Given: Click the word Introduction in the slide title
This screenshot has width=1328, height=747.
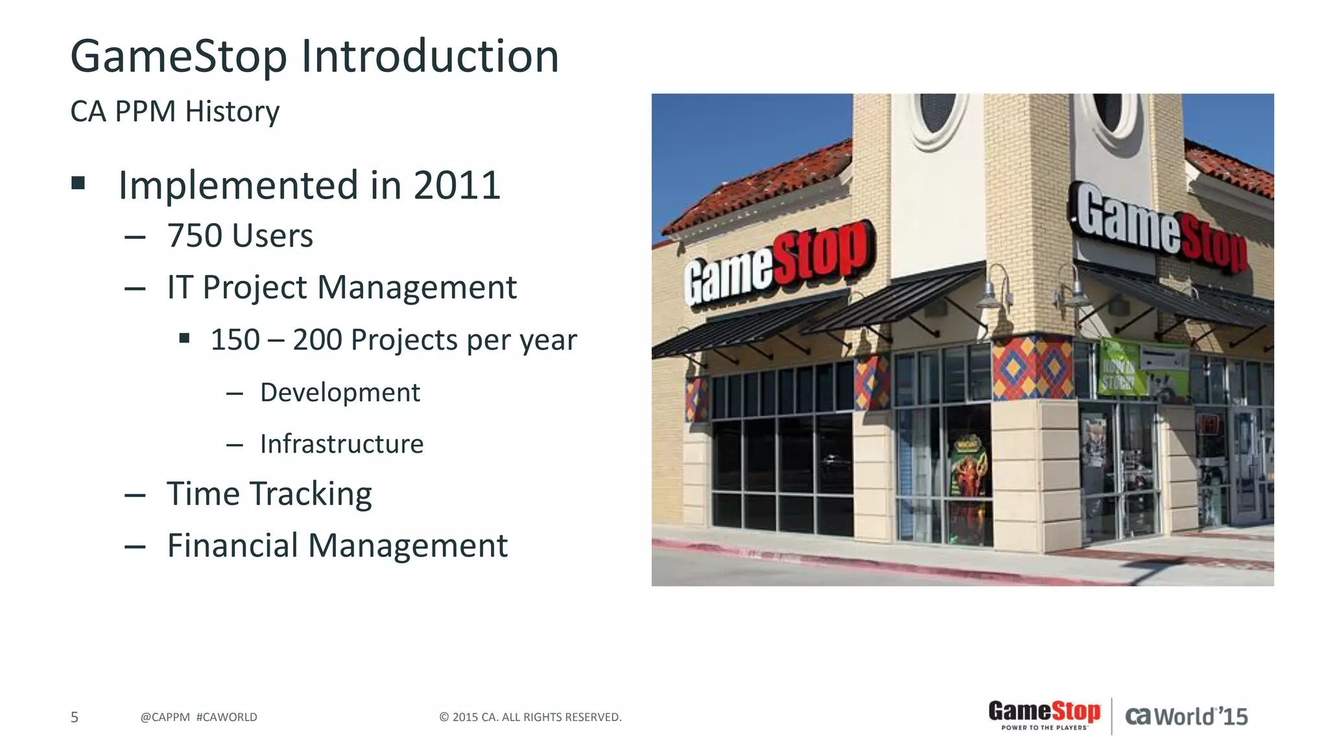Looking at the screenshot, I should click(429, 56).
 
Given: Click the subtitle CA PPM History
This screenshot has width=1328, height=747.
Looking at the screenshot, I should click(174, 112).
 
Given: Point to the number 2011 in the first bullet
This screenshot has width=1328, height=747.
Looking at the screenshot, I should click(456, 185).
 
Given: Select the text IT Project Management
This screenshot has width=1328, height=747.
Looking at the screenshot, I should click(342, 287).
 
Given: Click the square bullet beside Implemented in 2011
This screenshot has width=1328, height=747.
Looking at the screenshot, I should click(78, 184).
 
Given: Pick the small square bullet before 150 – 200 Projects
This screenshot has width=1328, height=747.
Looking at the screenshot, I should click(185, 338).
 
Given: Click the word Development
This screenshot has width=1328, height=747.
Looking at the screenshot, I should click(340, 392).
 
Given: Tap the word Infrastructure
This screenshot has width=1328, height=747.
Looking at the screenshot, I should click(342, 444).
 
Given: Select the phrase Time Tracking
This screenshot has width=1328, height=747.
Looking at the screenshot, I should click(269, 494).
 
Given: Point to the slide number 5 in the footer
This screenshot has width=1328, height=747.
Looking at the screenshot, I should click(75, 717).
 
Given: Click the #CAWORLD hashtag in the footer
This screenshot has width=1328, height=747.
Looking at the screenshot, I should click(226, 717).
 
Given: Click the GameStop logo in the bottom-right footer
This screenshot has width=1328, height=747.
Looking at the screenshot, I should click(1044, 715).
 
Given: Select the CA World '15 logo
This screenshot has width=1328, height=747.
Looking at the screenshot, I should click(1186, 717).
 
